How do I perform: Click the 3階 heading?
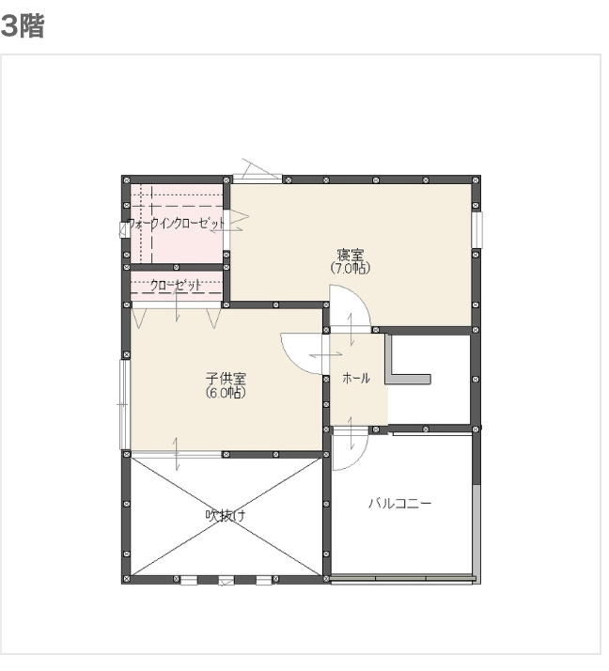pos(23,26)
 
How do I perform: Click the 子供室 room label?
pos(226,379)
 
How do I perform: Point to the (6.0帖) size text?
pos(226,393)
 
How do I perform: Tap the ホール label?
pos(356,378)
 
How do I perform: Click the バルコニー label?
pos(399,504)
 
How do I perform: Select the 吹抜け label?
pos(226,515)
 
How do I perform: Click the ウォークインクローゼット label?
pos(176,225)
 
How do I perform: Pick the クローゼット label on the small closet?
pos(176,286)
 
